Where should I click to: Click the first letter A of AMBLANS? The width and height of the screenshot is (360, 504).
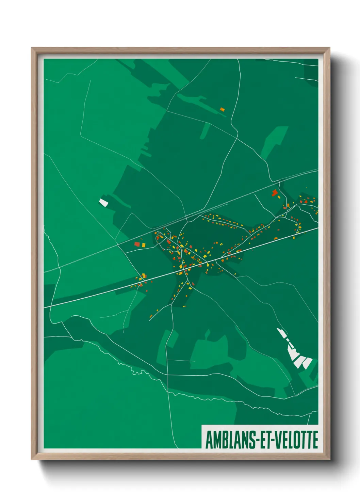coord(209,440)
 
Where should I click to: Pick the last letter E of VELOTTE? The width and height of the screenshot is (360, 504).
coord(315,440)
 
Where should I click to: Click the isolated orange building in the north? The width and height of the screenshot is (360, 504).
coord(222,109)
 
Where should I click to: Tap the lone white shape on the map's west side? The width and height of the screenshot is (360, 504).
coord(103,203)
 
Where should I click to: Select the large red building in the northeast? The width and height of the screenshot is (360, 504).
coord(274,193)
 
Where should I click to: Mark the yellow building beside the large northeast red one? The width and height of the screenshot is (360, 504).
coord(279,196)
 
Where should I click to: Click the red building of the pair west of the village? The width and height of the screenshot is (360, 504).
coord(137,244)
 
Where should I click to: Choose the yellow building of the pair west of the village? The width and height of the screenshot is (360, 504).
coord(143,245)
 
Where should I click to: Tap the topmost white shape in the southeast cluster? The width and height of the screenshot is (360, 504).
coord(280,331)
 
